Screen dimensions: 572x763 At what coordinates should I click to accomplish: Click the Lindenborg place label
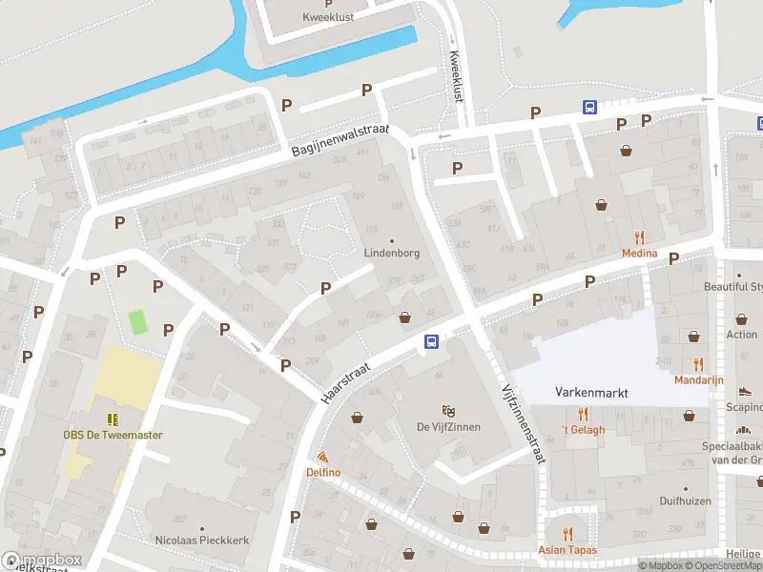[391, 254]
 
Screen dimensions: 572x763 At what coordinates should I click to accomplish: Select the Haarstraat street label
[353, 375]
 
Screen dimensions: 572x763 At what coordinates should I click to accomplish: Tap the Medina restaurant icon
[639, 238]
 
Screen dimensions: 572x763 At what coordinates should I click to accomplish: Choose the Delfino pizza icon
[323, 458]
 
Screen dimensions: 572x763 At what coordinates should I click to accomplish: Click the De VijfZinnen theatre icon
[448, 410]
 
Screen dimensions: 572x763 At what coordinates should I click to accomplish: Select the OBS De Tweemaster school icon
[113, 419]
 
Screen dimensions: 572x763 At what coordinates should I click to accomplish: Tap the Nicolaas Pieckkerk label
[202, 540]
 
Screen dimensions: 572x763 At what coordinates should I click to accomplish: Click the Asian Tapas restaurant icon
[567, 534]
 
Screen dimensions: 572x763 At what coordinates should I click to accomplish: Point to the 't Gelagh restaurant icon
[583, 414]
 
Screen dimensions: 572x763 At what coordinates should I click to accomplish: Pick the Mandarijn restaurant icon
[699, 364]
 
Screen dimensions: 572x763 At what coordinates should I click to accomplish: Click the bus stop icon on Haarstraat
[431, 341]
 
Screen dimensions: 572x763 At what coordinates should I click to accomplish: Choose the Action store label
[741, 335]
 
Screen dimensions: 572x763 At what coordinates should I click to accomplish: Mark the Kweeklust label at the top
[329, 17]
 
